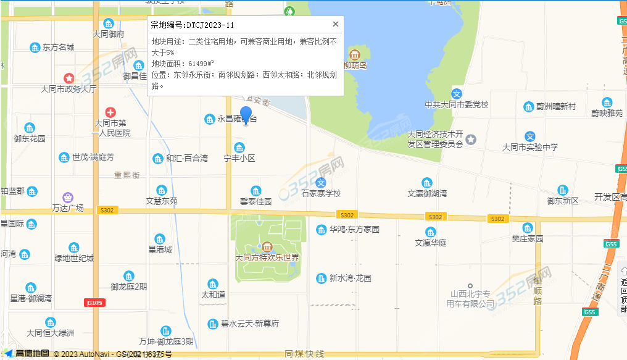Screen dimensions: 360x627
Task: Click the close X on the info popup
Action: tap(336, 24)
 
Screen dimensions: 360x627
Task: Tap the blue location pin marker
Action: tap(246, 115)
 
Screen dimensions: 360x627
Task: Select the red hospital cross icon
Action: tap(110, 112)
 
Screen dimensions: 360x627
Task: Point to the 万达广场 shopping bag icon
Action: tap(67, 197)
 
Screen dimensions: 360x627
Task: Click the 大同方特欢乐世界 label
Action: tap(267, 257)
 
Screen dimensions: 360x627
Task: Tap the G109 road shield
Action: tap(94, 302)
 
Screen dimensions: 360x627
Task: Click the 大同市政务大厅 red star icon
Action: tap(69, 78)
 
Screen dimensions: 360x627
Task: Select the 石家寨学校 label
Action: tap(321, 193)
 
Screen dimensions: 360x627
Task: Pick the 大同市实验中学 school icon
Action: tap(529, 136)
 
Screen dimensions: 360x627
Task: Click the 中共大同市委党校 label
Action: tap(457, 105)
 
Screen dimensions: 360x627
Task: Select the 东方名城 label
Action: tap(58, 48)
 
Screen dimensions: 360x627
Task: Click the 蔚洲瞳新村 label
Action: tap(556, 107)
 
